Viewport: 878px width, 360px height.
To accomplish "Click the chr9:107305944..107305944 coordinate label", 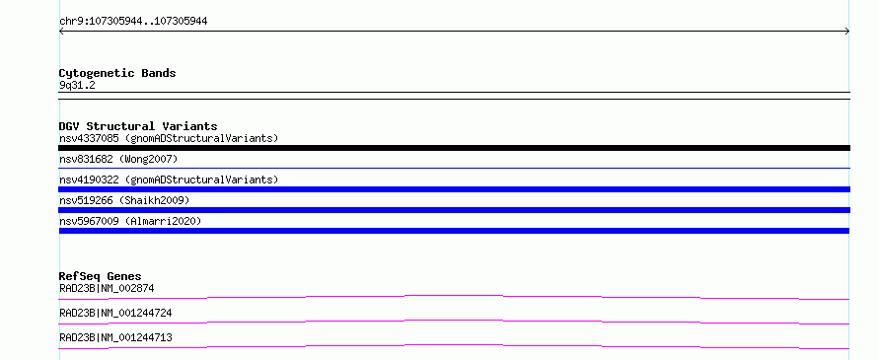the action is tap(133, 22).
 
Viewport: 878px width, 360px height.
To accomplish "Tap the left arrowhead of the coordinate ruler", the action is tap(61, 32).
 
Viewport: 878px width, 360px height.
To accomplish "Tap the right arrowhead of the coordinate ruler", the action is tap(847, 32).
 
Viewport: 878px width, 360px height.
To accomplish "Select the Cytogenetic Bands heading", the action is tap(117, 73).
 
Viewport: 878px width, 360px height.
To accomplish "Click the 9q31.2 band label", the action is tap(77, 86).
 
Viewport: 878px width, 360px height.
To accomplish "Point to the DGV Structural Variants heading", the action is tap(138, 126).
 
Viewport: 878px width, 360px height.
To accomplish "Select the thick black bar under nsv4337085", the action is tap(454, 148).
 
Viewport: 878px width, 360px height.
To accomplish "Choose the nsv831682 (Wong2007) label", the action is tap(118, 159).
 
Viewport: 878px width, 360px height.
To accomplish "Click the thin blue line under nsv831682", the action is tap(454, 168).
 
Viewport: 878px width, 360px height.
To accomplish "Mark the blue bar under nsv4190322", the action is tap(454, 189).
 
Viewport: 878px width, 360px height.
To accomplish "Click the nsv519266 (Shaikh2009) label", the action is tap(124, 200).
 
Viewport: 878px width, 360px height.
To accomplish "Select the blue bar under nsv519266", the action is tap(454, 210).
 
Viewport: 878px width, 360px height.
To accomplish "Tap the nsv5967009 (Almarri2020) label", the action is tap(130, 221).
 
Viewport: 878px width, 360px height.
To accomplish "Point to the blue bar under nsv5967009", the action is tap(454, 231).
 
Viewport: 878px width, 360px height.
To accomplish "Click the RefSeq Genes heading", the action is tap(101, 276).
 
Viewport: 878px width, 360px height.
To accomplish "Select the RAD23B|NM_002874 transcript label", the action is tap(107, 288).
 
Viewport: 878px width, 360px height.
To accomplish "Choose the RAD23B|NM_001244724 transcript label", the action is tap(115, 313).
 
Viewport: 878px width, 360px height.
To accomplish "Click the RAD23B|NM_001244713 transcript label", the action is tap(115, 337).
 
